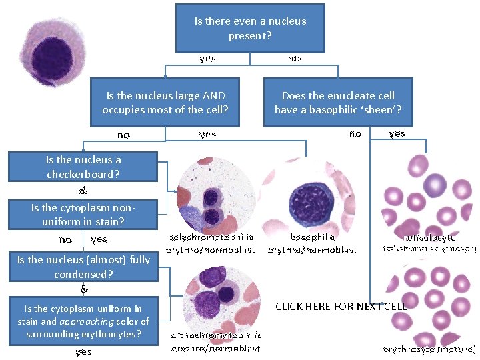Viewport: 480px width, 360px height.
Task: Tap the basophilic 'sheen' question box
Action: pos(338,102)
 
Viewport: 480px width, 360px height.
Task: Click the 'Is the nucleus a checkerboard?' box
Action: pos(83,167)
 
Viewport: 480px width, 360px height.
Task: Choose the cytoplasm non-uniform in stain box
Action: pos(83,214)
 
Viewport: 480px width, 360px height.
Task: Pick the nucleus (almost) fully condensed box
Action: pos(83,267)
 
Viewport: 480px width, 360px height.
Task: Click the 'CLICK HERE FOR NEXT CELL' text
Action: pos(340,306)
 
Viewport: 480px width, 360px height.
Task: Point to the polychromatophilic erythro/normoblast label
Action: pos(211,243)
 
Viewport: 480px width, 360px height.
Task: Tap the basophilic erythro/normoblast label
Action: pos(312,243)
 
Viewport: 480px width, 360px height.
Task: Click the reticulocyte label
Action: pos(430,237)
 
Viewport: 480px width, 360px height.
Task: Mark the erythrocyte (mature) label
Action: pos(429,349)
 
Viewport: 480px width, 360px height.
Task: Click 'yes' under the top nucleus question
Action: pos(207,59)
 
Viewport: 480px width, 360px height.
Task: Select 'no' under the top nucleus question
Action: pos(294,59)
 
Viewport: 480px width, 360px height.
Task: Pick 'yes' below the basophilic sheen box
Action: pos(397,133)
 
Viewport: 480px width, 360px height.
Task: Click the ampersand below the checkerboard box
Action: pos(83,190)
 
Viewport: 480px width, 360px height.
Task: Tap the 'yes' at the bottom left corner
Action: pos(83,351)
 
